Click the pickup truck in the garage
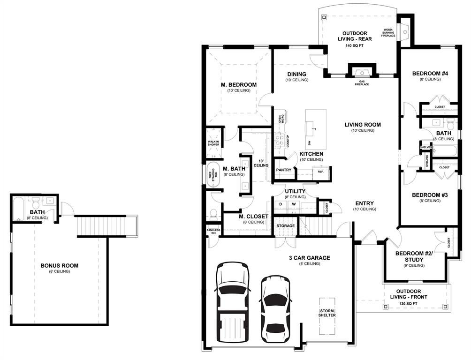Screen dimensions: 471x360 pyautogui.click(x=233, y=303)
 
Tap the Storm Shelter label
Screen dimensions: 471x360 pyautogui.click(x=327, y=313)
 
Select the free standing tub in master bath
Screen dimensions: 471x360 pyautogui.click(x=213, y=175)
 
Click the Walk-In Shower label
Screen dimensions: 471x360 pyautogui.click(x=213, y=143)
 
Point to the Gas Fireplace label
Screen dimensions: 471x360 pyautogui.click(x=362, y=83)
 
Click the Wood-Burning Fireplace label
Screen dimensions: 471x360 pyautogui.click(x=388, y=33)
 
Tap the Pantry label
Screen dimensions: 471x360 pyautogui.click(x=283, y=170)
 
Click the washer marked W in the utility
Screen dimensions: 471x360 pyautogui.click(x=294, y=204)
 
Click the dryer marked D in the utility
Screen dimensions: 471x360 pyautogui.click(x=281, y=204)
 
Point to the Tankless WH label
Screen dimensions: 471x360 pyautogui.click(x=213, y=232)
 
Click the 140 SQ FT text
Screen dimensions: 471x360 pyautogui.click(x=355, y=46)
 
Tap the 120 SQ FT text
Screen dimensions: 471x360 pyautogui.click(x=409, y=304)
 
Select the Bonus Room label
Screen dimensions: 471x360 pyautogui.click(x=60, y=265)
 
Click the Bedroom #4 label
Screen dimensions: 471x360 pyautogui.click(x=430, y=73)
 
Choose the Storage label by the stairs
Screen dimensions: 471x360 pyautogui.click(x=286, y=226)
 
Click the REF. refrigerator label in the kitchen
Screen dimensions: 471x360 pyautogui.click(x=320, y=172)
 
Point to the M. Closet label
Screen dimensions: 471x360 pyautogui.click(x=253, y=216)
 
